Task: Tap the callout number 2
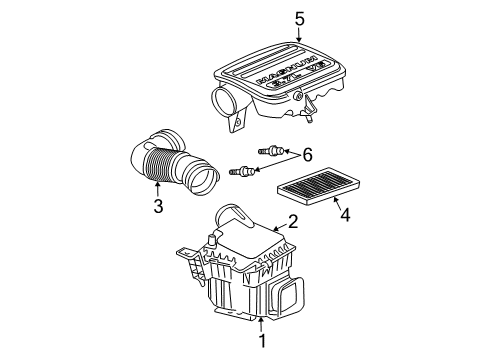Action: [x=293, y=221]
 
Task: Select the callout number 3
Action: [x=157, y=207]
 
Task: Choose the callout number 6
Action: [x=308, y=153]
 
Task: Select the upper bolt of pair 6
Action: [x=270, y=150]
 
